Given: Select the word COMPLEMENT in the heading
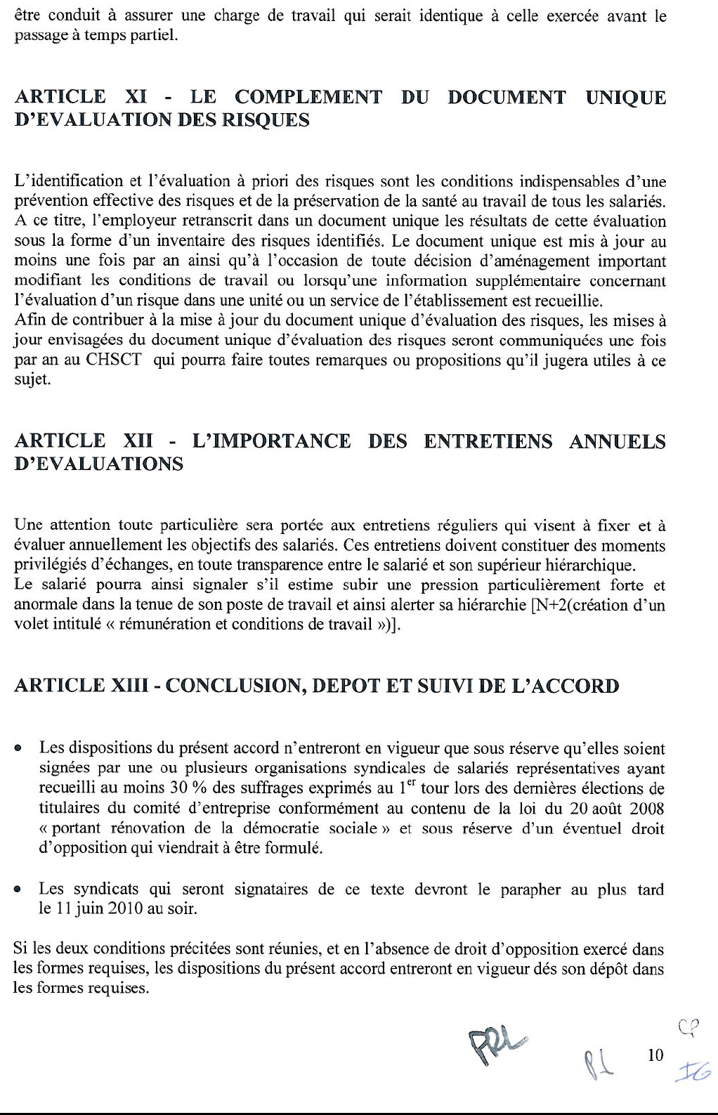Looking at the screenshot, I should [308, 96].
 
